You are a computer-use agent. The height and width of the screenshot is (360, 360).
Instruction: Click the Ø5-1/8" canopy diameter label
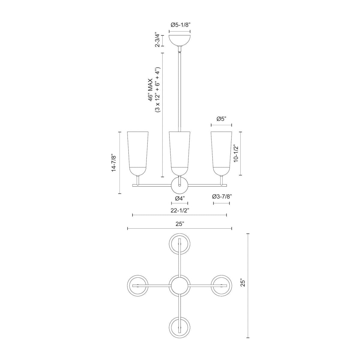click(x=180, y=25)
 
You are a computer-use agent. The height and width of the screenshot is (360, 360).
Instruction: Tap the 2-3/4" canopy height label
click(x=157, y=41)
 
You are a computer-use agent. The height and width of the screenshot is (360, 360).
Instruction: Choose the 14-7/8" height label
click(x=113, y=163)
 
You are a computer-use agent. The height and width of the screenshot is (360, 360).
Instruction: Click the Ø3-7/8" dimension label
click(x=222, y=196)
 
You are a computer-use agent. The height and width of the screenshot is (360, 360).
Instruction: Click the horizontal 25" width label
click(x=179, y=224)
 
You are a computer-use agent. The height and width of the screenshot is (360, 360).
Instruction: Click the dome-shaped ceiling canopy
click(x=180, y=40)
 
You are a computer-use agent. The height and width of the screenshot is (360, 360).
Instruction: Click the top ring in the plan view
click(x=179, y=244)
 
